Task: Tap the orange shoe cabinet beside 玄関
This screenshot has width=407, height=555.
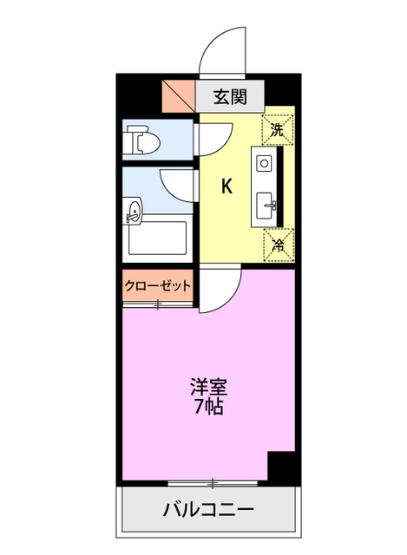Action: tap(179, 95)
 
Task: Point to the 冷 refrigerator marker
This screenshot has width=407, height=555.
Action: tap(278, 245)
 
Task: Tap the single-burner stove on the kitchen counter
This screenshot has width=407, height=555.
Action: tap(264, 162)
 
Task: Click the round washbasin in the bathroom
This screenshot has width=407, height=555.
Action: tap(133, 209)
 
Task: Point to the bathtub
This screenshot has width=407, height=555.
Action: tap(156, 238)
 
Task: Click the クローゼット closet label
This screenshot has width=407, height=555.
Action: tap(157, 286)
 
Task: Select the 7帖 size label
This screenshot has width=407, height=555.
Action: tap(208, 406)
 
